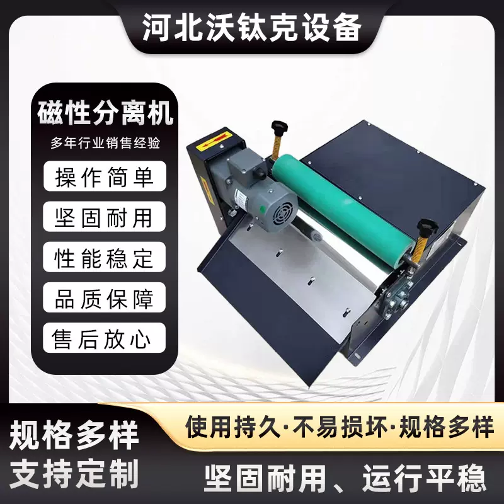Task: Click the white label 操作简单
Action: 105,176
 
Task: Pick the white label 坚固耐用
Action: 105,217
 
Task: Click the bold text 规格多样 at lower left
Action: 75,435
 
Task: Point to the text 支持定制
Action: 75,473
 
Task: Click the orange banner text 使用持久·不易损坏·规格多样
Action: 340,428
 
